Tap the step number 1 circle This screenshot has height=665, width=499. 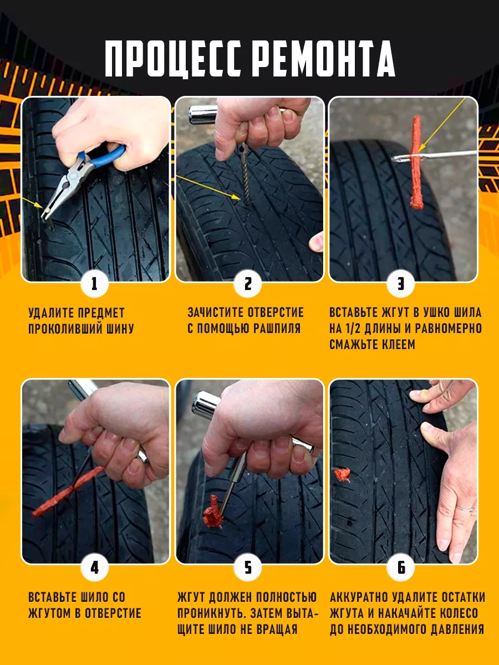pos(94,284)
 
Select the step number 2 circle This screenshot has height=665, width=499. pos(248,284)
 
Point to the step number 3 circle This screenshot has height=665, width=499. pos(400,284)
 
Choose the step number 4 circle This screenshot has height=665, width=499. pos(94,567)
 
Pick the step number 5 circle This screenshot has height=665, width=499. pos(248,567)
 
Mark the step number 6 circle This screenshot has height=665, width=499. pos(400,567)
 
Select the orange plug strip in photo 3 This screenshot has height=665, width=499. pos(416,161)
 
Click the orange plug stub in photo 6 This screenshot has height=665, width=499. pos(343,475)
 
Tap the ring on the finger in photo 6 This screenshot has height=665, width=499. pos(466,508)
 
